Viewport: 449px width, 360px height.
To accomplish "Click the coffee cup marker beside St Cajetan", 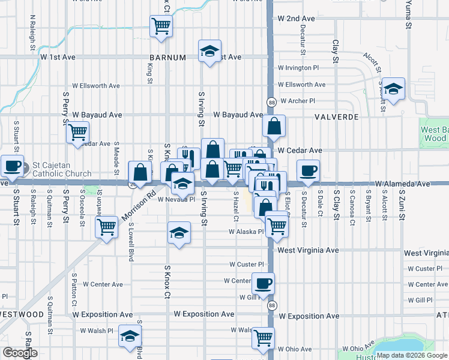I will pyautogui.click(x=12, y=166).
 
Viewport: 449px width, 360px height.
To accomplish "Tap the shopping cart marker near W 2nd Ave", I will pyautogui.click(x=161, y=26).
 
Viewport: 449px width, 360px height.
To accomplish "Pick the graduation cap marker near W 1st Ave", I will pyautogui.click(x=209, y=51).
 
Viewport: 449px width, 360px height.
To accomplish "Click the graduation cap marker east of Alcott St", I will pyautogui.click(x=393, y=89).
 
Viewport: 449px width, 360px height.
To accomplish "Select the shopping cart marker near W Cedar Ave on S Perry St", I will pyautogui.click(x=77, y=132).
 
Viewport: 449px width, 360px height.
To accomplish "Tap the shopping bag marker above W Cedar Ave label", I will pyautogui.click(x=274, y=126).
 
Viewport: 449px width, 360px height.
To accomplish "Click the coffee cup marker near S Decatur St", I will pyautogui.click(x=309, y=170).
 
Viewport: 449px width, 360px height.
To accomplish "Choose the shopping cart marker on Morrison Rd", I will pyautogui.click(x=107, y=227).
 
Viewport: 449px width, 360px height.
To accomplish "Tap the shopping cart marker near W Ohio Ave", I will pyautogui.click(x=263, y=338).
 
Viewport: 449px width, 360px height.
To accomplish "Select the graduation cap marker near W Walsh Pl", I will pyautogui.click(x=130, y=337).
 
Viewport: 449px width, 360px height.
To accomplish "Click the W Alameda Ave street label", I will pyautogui.click(x=403, y=184).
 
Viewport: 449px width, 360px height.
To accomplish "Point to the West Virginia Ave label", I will pyautogui.click(x=308, y=250).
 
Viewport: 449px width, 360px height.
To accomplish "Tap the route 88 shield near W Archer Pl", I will pyautogui.click(x=272, y=101).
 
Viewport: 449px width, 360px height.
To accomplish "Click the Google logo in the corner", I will pyautogui.click(x=20, y=353).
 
